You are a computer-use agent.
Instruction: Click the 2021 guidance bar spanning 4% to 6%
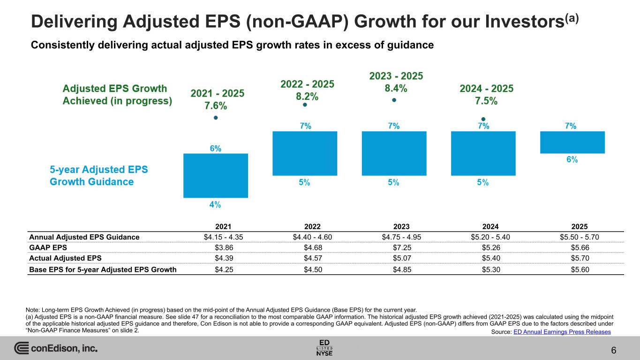(216, 175)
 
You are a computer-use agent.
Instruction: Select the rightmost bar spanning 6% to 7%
(572, 142)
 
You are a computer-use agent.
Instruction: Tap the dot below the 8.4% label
(394, 100)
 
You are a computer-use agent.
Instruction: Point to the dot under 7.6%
(216, 118)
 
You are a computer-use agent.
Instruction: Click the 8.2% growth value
(307, 97)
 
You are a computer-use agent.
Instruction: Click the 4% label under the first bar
(216, 205)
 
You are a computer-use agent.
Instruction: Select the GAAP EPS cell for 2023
(394, 247)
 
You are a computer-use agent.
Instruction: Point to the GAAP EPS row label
(47, 247)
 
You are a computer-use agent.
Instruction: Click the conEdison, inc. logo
(56, 348)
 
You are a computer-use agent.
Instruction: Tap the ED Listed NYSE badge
(324, 347)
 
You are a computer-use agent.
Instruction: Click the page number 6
(614, 350)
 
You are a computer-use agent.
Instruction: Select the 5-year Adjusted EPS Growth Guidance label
(99, 175)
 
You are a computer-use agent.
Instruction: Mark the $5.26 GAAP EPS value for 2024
(483, 247)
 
